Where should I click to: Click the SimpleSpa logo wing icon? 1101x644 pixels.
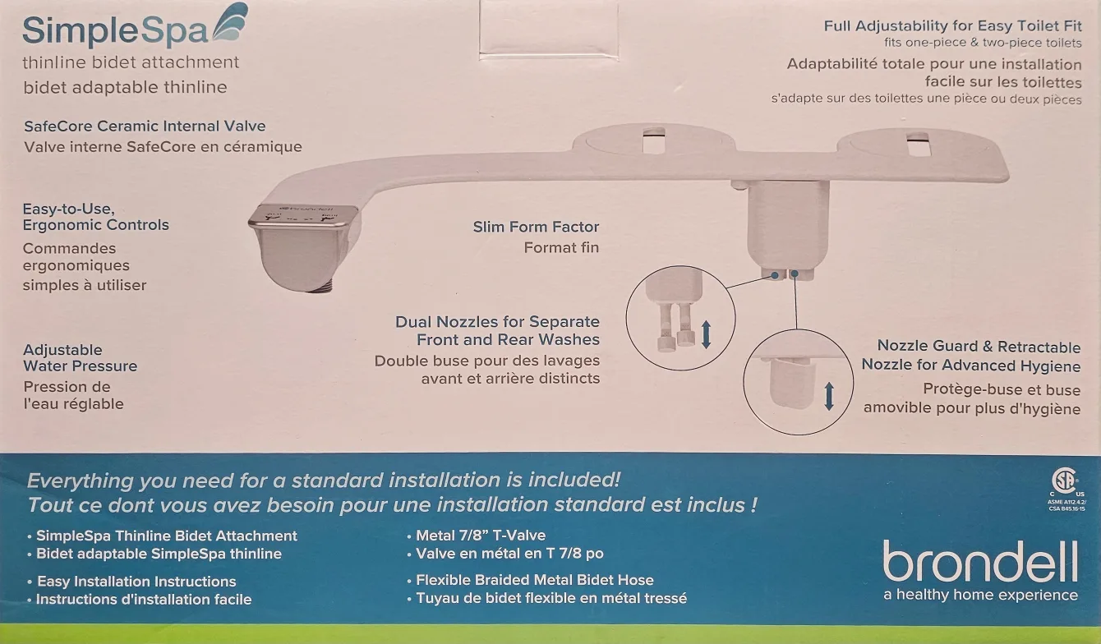tap(231, 24)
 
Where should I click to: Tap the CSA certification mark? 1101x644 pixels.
tap(1066, 481)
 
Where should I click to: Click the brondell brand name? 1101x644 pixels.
tap(980, 563)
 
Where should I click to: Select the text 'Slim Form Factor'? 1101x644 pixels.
tap(536, 227)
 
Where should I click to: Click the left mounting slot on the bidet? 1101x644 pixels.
tap(655, 140)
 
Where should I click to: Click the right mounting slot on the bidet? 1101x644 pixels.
tap(918, 141)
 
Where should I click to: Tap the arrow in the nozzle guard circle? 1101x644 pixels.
tap(828, 396)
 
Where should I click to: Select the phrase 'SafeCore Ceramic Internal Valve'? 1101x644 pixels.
tap(145, 126)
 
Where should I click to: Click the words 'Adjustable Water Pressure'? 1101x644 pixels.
tap(80, 358)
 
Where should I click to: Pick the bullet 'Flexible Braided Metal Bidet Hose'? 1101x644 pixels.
tap(534, 580)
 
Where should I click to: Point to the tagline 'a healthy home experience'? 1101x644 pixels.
tap(980, 596)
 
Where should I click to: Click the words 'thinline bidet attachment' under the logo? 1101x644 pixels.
tap(131, 62)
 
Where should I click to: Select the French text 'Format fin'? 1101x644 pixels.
tap(561, 247)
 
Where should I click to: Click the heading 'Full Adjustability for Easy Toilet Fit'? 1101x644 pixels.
tap(952, 25)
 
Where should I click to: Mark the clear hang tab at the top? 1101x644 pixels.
tap(548, 29)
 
